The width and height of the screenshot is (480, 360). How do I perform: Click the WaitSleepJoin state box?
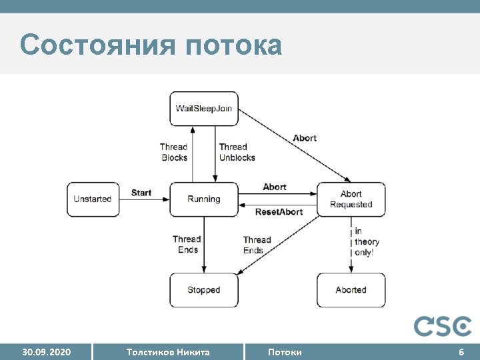click(203, 109)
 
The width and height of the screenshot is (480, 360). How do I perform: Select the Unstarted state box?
click(93, 199)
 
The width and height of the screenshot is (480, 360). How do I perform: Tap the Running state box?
click(203, 199)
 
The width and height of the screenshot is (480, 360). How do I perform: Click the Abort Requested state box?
click(351, 199)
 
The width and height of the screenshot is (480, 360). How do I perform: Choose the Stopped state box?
click(203, 290)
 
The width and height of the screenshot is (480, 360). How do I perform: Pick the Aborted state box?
click(351, 290)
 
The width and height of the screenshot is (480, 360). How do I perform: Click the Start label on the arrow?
click(141, 193)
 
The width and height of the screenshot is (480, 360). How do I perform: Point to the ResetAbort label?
click(279, 212)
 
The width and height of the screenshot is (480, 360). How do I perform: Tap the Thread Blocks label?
click(174, 152)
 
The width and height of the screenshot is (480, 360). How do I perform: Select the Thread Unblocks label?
click(236, 152)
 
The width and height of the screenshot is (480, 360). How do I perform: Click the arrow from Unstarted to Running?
click(144, 199)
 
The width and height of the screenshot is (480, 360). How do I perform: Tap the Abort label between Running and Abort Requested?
click(275, 187)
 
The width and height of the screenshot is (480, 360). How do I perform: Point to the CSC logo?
click(442, 326)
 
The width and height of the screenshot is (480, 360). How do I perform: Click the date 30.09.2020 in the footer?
click(46, 351)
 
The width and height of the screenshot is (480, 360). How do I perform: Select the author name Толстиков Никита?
click(167, 351)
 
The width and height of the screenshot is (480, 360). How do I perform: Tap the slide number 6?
click(461, 351)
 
